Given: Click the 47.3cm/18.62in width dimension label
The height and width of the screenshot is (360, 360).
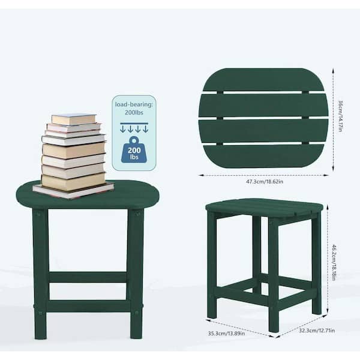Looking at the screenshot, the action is [265, 181].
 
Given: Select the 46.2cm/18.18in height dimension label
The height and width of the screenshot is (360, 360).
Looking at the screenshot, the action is [334, 262].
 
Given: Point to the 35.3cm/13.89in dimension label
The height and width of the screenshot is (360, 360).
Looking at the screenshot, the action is [226, 333].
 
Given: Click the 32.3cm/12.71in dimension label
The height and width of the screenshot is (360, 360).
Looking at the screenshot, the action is [317, 331].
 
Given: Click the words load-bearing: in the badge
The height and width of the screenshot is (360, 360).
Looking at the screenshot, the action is [134, 104].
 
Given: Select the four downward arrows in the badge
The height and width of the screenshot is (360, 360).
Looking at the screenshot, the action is [134, 128].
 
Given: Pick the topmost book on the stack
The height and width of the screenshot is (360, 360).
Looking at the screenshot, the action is [74, 119].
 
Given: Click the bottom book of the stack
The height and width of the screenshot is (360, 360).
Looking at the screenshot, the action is [73, 190].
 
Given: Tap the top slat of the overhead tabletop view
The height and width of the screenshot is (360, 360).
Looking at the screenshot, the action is [263, 79].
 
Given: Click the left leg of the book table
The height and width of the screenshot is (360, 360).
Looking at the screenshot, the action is [41, 273].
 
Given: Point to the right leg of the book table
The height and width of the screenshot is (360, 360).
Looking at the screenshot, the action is [136, 273].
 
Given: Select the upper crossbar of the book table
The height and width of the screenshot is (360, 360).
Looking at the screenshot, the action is [88, 277].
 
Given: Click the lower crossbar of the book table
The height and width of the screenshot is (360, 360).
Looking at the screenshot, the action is [88, 306].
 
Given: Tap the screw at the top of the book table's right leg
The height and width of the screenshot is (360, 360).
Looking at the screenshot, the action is [138, 214].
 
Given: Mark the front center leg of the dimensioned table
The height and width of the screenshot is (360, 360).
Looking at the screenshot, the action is [274, 274].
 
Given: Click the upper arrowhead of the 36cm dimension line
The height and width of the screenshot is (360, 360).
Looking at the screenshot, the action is [333, 70].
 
